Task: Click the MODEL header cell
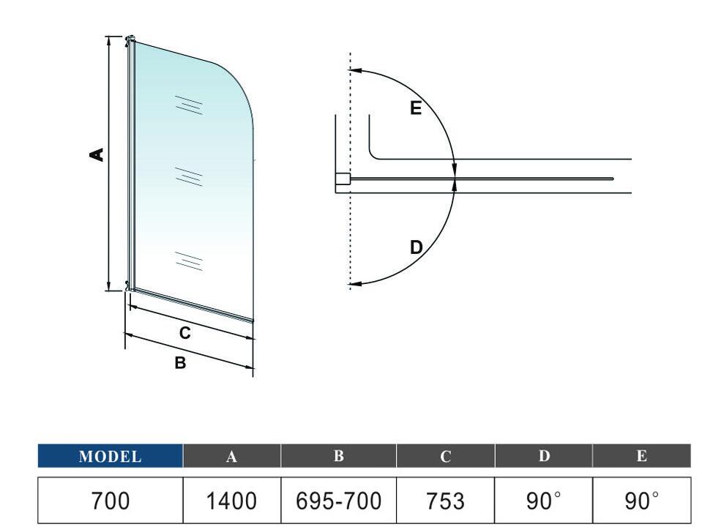point(110,455)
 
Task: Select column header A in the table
point(231,455)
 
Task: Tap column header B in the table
point(338,455)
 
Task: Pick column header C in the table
point(445,455)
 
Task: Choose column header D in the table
point(544,455)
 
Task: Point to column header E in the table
point(641,455)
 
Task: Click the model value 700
point(110,501)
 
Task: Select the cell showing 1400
point(231,501)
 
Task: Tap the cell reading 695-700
point(338,501)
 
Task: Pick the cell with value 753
point(445,501)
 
